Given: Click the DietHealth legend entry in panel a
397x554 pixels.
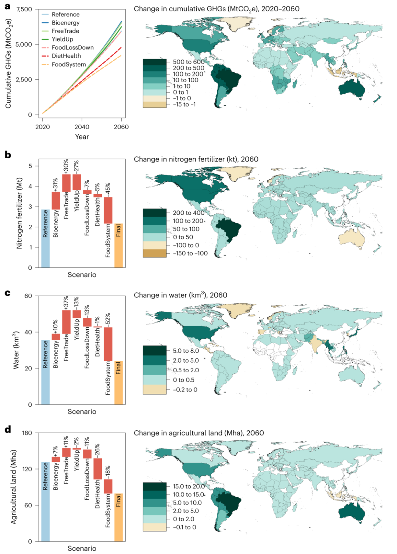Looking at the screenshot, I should (x=66, y=56).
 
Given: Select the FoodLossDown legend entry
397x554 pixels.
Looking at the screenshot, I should (x=72, y=47).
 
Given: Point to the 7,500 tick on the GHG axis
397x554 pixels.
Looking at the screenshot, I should (x=24, y=9).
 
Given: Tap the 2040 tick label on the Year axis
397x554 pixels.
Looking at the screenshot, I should (x=82, y=127).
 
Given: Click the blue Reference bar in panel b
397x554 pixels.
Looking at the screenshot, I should (x=45, y=239).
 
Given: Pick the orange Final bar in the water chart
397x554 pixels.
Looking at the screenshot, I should (x=118, y=383).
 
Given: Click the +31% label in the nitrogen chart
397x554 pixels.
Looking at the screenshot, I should (x=56, y=185).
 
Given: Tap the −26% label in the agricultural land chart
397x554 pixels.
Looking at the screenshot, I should (x=97, y=451).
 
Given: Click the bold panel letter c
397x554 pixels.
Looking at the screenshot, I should (x=7, y=293).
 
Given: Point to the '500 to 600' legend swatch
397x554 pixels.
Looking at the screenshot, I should (x=154, y=62).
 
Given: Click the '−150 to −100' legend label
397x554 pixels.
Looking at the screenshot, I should (x=190, y=253).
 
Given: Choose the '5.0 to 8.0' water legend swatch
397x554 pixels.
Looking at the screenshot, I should (x=154, y=351).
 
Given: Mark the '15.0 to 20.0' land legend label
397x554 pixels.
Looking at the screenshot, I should (x=189, y=486).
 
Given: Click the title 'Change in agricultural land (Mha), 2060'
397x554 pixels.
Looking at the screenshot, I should (x=198, y=433).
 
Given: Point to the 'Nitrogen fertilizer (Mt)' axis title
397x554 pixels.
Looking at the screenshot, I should (x=19, y=213).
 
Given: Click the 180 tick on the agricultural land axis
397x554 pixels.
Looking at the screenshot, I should (x=27, y=433).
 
